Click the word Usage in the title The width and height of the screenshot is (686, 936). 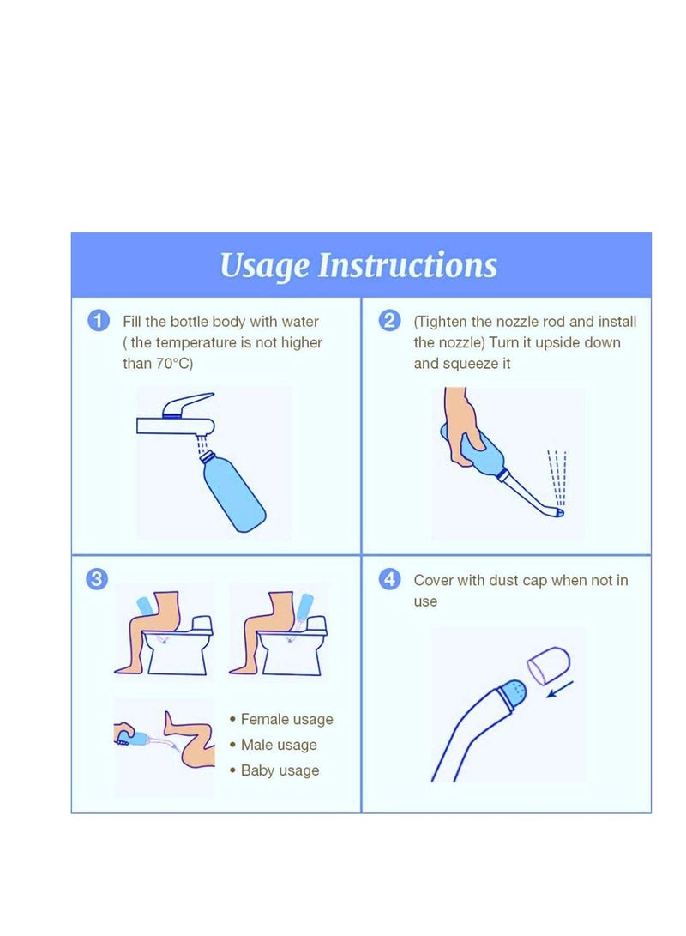point(265,266)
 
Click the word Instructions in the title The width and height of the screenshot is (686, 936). point(407,265)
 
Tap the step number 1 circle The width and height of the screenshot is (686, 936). point(99,322)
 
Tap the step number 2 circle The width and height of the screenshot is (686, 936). point(390,322)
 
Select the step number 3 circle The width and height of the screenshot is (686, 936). point(97,580)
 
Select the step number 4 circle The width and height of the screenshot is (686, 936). point(390,580)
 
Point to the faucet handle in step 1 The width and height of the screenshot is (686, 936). point(190,404)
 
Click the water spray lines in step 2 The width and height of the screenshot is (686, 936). point(557,476)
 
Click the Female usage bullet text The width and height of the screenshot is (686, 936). point(286,720)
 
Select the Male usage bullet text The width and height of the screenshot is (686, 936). point(279,746)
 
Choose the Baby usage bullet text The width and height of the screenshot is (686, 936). point(280,771)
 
